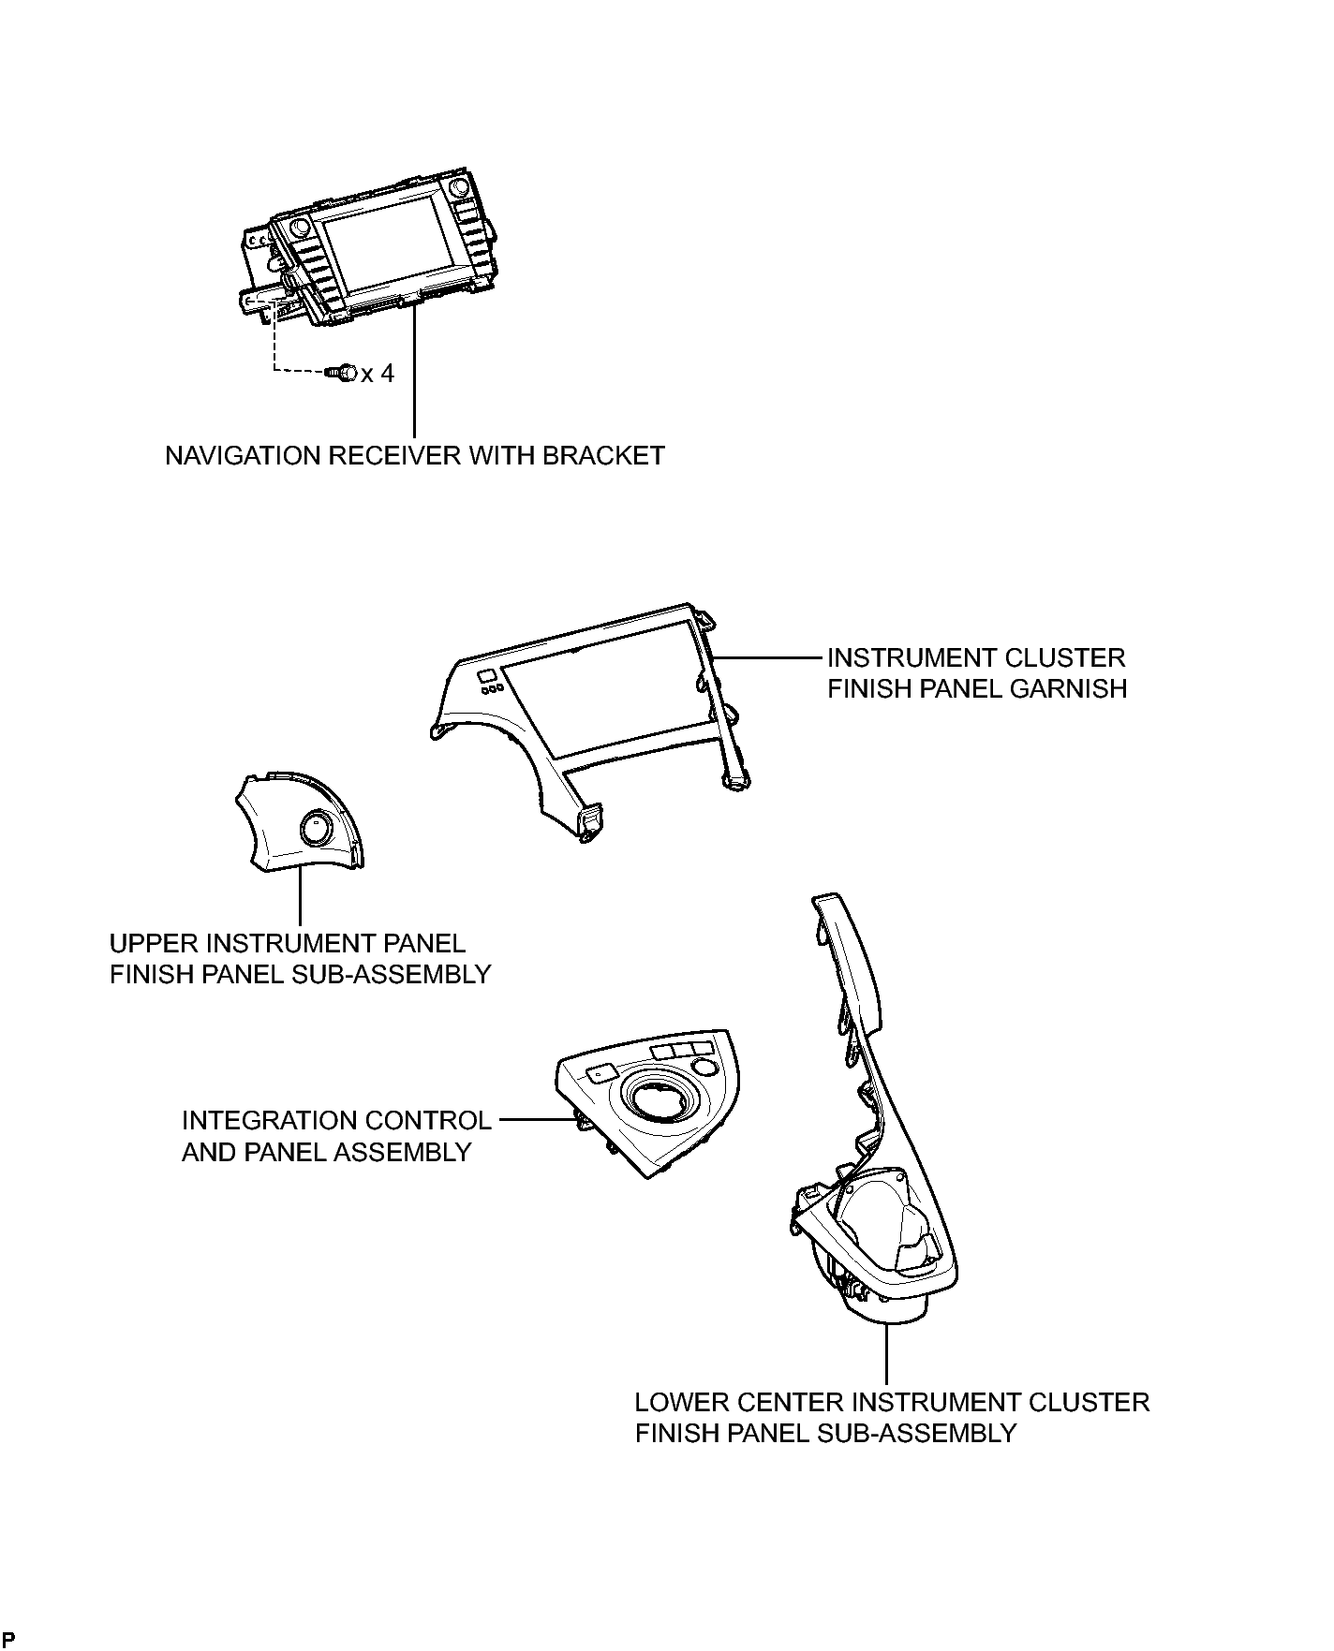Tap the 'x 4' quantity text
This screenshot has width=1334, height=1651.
[x=378, y=374]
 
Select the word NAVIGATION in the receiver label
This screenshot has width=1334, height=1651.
[x=243, y=456]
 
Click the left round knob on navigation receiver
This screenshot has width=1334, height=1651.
[x=300, y=228]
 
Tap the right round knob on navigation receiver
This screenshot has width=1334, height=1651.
[x=460, y=187]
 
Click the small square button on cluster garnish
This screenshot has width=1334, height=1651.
[x=486, y=676]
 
